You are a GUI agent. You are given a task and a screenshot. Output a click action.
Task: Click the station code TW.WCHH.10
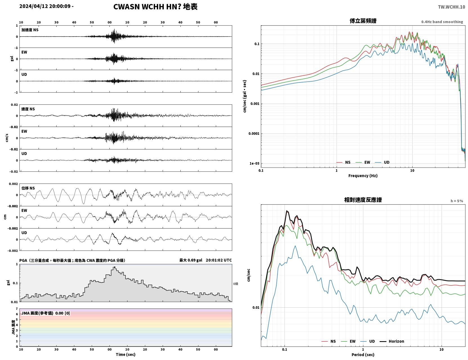point(451,7)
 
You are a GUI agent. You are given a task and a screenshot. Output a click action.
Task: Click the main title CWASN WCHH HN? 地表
point(155,7)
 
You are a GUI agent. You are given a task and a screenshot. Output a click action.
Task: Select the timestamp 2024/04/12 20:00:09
point(45,6)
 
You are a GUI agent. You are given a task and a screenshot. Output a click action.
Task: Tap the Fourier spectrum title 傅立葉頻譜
point(363,21)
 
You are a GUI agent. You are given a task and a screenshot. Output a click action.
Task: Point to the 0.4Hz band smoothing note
point(442,22)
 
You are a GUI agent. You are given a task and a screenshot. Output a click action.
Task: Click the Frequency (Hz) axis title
point(363,176)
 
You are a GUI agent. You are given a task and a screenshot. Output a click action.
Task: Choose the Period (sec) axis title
point(363,355)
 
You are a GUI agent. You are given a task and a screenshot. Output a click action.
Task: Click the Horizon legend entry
point(392,341)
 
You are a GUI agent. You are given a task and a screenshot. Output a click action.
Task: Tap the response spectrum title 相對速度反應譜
point(363,200)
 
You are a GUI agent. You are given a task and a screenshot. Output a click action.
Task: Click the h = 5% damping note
point(456,201)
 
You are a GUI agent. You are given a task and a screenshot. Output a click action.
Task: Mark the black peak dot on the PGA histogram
point(115,267)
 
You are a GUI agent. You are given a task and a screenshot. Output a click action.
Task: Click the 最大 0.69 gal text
point(191,260)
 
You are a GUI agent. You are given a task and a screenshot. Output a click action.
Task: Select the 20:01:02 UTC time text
point(219,260)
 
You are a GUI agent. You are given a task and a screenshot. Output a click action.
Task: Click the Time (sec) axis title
point(126,354)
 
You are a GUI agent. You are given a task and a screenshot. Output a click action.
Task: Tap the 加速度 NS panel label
point(30,30)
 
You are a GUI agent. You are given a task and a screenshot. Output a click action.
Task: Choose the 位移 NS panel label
point(28,188)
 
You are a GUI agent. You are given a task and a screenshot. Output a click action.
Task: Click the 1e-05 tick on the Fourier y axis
point(254,164)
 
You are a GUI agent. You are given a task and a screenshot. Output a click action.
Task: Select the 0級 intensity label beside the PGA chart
point(236,284)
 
